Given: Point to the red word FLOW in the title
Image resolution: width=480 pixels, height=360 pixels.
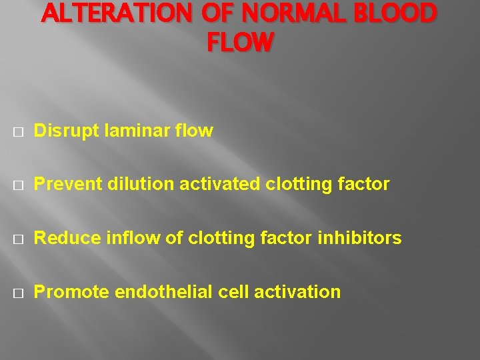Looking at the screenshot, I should click(x=240, y=43).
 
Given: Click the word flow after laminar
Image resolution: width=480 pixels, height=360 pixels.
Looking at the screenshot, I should click(x=193, y=131).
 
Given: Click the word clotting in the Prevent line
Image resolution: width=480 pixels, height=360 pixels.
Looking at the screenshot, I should click(x=296, y=184).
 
